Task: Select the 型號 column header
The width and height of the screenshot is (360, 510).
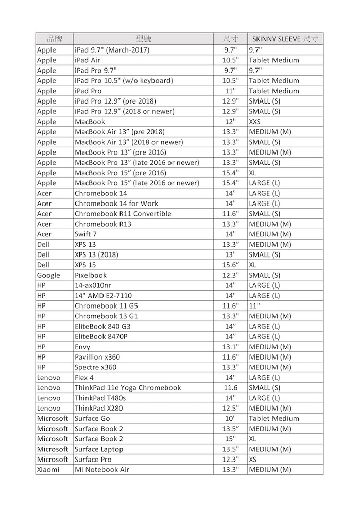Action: click(143, 39)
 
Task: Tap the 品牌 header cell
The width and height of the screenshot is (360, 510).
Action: click(55, 39)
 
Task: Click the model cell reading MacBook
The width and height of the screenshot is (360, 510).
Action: click(90, 122)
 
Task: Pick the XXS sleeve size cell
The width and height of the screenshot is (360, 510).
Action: click(255, 122)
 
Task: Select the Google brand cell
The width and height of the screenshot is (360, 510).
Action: click(48, 275)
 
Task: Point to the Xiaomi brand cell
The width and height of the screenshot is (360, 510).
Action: click(48, 469)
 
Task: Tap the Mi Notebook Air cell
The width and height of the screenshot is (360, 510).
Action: click(102, 469)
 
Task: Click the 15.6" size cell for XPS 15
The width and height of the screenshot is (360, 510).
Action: click(230, 265)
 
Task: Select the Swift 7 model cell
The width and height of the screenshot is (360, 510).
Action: click(85, 234)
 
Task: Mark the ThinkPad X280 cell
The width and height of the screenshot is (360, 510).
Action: click(99, 408)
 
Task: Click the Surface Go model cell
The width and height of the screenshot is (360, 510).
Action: click(92, 418)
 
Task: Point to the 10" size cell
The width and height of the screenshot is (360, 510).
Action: click(230, 418)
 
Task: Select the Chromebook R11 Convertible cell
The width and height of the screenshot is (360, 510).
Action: click(123, 214)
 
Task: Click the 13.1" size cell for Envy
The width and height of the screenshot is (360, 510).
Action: click(230, 347)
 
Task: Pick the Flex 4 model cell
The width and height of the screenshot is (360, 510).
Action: click(84, 378)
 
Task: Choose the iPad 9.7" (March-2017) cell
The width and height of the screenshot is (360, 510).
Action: click(112, 50)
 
